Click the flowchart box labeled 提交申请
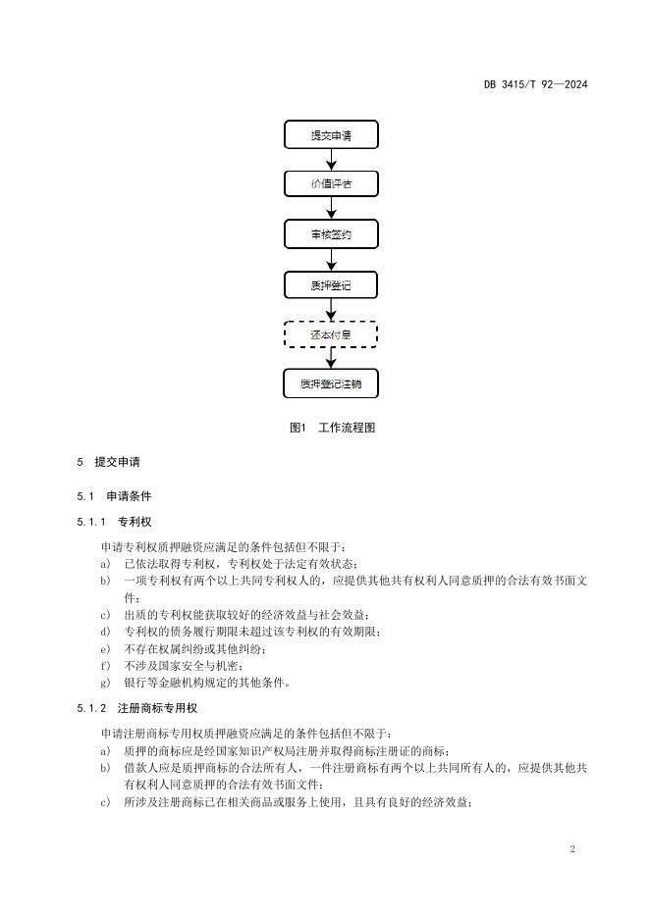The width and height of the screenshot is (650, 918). [x=331, y=134]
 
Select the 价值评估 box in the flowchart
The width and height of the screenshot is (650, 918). [x=331, y=184]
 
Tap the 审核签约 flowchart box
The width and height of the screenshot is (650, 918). [x=331, y=234]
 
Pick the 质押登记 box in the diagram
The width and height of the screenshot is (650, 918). [x=331, y=285]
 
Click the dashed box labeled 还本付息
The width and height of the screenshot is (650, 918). [x=331, y=335]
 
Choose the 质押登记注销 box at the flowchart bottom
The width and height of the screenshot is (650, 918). [x=331, y=383]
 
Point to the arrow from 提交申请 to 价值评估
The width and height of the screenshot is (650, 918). [x=331, y=160]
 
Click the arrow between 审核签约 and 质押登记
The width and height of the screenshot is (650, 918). [x=331, y=260]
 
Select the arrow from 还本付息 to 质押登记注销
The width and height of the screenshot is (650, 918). [x=331, y=359]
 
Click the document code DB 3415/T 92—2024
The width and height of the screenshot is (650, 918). [x=535, y=84]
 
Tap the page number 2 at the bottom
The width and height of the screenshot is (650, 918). [x=571, y=847]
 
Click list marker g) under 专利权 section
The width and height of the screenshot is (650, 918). [x=105, y=683]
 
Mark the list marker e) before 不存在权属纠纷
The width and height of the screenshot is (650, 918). [x=105, y=648]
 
